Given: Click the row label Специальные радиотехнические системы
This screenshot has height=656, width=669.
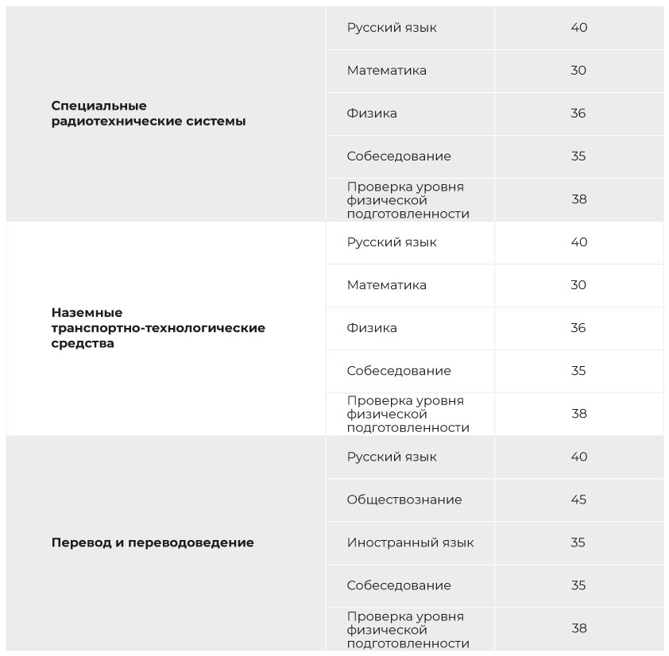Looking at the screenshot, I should pyautogui.click(x=149, y=114).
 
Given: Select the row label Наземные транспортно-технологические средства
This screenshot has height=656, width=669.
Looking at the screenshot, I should pyautogui.click(x=158, y=328).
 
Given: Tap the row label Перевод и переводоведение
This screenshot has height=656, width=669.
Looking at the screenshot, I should pyautogui.click(x=153, y=543).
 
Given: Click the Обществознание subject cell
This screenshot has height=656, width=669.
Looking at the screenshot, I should pyautogui.click(x=404, y=500).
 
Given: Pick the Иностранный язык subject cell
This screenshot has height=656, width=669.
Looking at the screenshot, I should pyautogui.click(x=410, y=542).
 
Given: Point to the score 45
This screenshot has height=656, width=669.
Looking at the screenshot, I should pyautogui.click(x=578, y=500).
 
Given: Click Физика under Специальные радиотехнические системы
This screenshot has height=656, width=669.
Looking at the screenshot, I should pyautogui.click(x=372, y=114).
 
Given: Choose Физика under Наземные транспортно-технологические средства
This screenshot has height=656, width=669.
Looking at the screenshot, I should pyautogui.click(x=372, y=328).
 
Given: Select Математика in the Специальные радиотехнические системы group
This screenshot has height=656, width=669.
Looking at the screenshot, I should pyautogui.click(x=386, y=71).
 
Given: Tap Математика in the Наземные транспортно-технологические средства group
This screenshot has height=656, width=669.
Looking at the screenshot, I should pyautogui.click(x=386, y=285).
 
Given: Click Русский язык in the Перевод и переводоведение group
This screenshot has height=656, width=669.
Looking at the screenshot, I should pyautogui.click(x=392, y=457).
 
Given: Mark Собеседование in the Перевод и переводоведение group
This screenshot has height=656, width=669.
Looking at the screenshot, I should pyautogui.click(x=399, y=585).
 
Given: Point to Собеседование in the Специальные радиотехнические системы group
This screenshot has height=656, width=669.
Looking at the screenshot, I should pyautogui.click(x=399, y=156).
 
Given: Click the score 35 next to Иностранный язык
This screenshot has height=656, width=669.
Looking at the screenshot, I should pyautogui.click(x=578, y=542).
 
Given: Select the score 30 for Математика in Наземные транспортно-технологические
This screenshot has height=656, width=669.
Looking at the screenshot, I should pyautogui.click(x=578, y=285).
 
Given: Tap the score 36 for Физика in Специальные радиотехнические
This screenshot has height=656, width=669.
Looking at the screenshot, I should pyautogui.click(x=578, y=114).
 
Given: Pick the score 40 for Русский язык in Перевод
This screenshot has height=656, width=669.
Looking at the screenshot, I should pyautogui.click(x=578, y=457).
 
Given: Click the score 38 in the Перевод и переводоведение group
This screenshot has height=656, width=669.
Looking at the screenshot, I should pyautogui.click(x=578, y=628).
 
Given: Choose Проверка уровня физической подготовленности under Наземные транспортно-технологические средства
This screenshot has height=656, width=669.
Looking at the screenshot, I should pyautogui.click(x=408, y=414).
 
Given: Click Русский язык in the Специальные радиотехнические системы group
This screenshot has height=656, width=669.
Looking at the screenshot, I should pyautogui.click(x=392, y=28).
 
